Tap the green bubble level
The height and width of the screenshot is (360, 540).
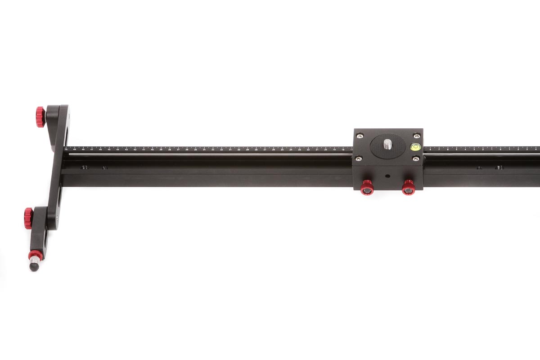(x=414, y=146)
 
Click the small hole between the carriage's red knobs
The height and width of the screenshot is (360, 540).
(x=387, y=175)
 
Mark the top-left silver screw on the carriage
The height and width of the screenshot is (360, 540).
(x=359, y=135)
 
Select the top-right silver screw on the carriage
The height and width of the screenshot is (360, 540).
(x=416, y=135)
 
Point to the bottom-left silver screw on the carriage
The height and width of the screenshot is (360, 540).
(x=359, y=158)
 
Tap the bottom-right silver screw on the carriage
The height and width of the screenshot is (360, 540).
(x=416, y=158)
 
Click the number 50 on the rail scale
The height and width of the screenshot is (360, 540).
(x=66, y=149)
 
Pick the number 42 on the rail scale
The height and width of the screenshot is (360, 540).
(x=135, y=149)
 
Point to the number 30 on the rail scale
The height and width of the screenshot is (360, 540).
(x=239, y=149)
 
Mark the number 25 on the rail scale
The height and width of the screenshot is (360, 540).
(x=282, y=149)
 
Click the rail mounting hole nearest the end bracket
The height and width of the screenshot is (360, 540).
(x=84, y=167)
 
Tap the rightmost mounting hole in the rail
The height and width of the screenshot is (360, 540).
(x=499, y=167)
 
